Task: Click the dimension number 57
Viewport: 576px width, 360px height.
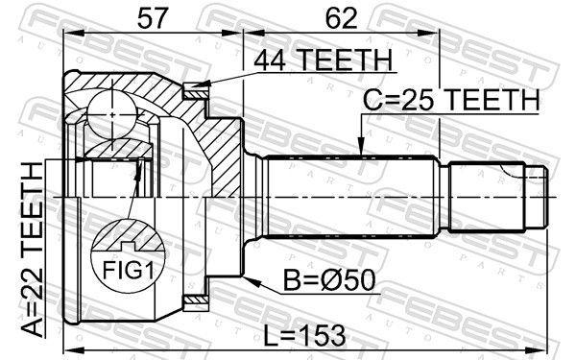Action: click(x=153, y=18)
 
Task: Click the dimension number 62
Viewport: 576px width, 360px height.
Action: click(x=341, y=18)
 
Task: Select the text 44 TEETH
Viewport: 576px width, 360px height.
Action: click(x=324, y=60)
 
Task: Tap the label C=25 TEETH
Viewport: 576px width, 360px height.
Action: click(x=451, y=100)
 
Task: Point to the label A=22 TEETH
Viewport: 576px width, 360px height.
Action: click(x=33, y=251)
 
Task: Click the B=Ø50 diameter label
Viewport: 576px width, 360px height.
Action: click(x=329, y=280)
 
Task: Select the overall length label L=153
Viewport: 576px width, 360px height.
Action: click(x=304, y=335)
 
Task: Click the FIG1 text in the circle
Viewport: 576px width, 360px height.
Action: click(x=128, y=270)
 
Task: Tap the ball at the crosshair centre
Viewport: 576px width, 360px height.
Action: click(x=112, y=114)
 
